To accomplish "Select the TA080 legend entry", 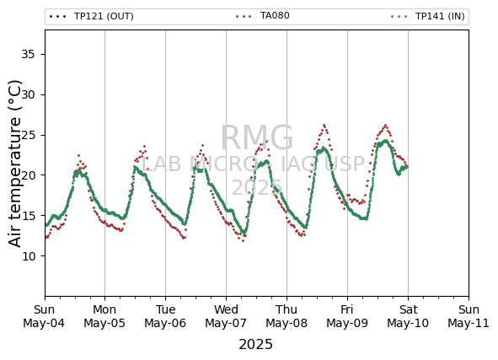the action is coord(263,15).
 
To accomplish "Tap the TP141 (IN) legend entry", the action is coord(428,16).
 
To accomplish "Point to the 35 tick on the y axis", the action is coord(28,54).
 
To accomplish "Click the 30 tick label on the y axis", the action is coord(28,94).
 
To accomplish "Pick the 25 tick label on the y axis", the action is coord(28,135).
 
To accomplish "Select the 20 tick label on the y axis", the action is coord(28,175).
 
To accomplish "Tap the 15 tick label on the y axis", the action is coord(28,216).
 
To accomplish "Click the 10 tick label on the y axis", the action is coord(28,255).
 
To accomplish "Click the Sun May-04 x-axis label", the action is coord(44,316).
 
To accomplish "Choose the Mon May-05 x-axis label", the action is coord(104,316).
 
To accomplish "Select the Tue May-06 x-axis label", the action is coord(165,316).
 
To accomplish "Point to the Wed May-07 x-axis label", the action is coord(226,316).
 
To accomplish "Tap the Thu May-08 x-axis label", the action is coord(286,316).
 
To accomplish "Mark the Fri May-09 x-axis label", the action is coord(347,316).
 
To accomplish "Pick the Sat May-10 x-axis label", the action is coord(408,316).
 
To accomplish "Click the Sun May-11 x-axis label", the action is coord(469,316).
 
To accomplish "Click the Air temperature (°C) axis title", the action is coord(14,164).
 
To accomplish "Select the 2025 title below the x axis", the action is coord(255,345).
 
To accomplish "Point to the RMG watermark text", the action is coord(257,138).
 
